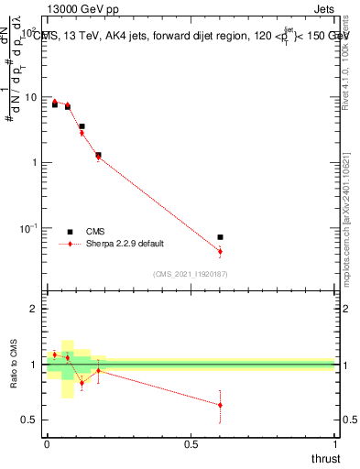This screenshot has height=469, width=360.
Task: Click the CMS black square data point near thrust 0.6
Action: tap(220, 237)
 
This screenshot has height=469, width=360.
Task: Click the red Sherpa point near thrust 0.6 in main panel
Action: tap(220, 251)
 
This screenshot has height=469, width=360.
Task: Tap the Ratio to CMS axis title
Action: tap(15, 364)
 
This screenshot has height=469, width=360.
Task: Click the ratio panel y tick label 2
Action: tap(34, 309)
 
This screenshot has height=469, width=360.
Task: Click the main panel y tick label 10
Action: tap(29, 97)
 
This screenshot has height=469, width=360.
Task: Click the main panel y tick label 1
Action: tap(34, 163)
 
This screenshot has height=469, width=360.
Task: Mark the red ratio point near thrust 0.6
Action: tap(220, 405)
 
